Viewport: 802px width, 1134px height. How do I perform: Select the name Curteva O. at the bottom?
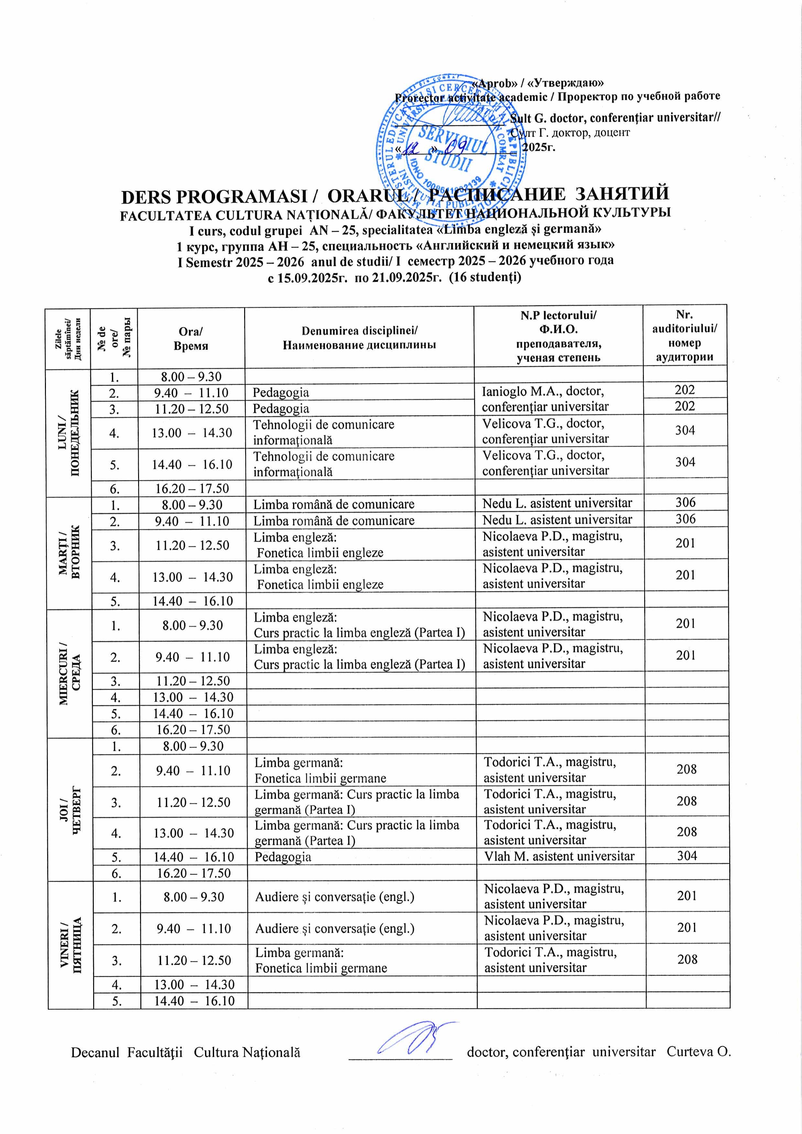(x=698, y=1052)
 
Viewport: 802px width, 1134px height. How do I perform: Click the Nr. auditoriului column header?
(x=684, y=336)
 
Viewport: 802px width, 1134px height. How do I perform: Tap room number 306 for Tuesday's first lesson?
(x=685, y=503)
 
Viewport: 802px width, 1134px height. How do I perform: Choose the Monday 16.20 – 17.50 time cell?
(x=192, y=488)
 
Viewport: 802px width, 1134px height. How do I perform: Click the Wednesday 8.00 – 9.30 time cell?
(x=193, y=625)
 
